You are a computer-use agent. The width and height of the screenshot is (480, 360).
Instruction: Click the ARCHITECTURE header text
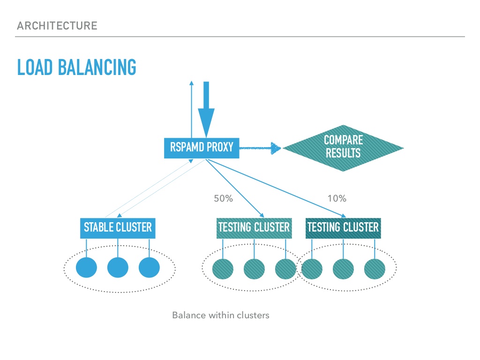tap(57, 25)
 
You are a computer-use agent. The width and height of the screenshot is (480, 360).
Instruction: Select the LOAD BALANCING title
tap(76, 67)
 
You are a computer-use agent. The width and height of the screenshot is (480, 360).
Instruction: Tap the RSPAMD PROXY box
tap(201, 148)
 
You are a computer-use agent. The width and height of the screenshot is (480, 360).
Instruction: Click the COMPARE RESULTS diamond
tap(343, 148)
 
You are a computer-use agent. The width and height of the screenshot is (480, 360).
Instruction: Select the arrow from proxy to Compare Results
tap(260, 149)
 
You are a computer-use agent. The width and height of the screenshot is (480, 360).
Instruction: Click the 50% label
tap(223, 198)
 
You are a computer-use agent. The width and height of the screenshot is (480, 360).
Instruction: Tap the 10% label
tap(337, 198)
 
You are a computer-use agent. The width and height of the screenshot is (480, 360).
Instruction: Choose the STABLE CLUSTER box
tap(118, 228)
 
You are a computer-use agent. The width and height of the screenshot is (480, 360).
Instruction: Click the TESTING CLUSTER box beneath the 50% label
tap(254, 228)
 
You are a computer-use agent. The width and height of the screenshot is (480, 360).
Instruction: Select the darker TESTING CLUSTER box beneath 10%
tap(343, 228)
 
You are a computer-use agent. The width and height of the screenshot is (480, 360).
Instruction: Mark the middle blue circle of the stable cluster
tap(118, 268)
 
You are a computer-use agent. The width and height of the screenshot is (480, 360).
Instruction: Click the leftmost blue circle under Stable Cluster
tap(86, 268)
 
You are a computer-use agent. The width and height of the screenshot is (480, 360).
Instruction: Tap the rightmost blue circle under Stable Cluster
tap(149, 268)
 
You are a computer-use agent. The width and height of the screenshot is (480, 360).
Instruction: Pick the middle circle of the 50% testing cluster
tap(255, 269)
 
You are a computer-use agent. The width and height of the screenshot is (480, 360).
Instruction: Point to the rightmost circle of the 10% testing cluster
tap(375, 269)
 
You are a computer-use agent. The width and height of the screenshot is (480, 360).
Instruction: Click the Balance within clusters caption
tap(220, 315)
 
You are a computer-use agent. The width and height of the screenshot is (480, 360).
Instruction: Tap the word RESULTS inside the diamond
tap(343, 153)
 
